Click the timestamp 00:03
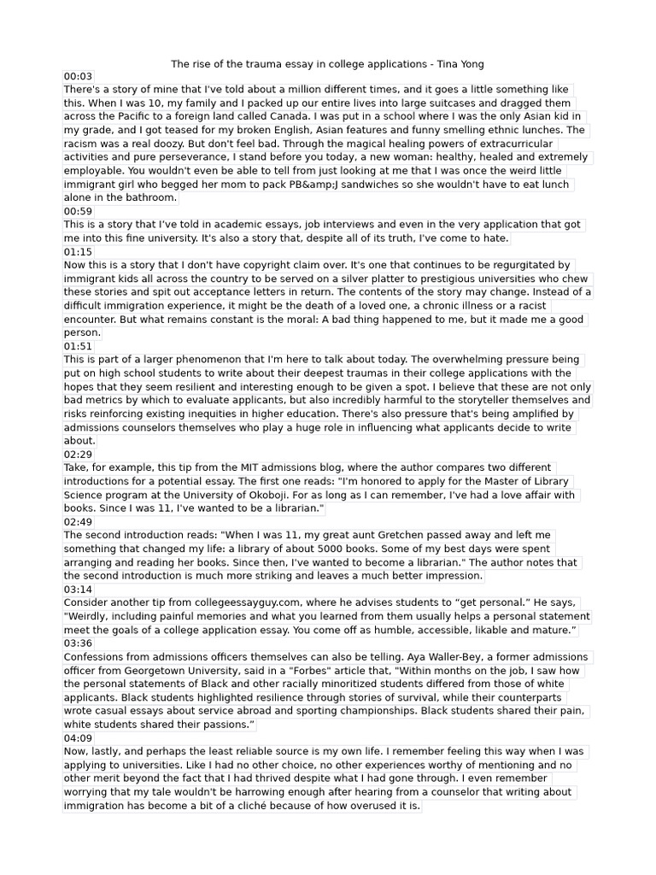coord(78,76)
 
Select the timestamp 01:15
coord(78,252)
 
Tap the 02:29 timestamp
coord(78,455)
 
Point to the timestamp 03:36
coord(78,643)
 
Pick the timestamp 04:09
coord(78,738)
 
